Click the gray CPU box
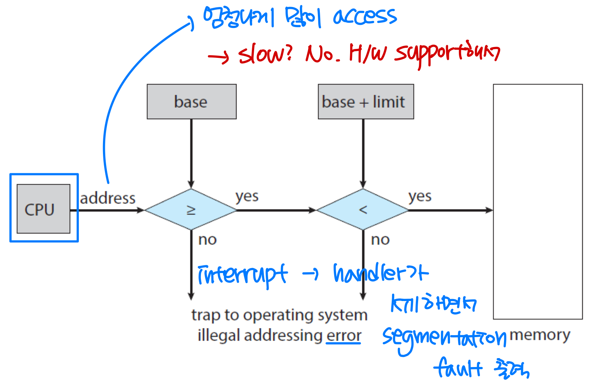[x=43, y=209]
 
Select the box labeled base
[x=191, y=102]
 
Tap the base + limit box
[x=365, y=102]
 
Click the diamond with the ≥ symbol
[x=191, y=210]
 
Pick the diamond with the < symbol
[x=363, y=210]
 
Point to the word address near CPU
[x=108, y=198]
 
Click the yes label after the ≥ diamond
[x=247, y=197]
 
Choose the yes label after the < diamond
[x=420, y=197]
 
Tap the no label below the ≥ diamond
[x=207, y=240]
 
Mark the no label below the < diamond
[x=380, y=240]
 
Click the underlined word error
[x=343, y=335]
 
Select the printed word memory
[x=540, y=335]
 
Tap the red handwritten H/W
[x=367, y=54]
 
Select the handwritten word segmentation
[x=444, y=338]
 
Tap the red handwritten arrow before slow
[x=218, y=57]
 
